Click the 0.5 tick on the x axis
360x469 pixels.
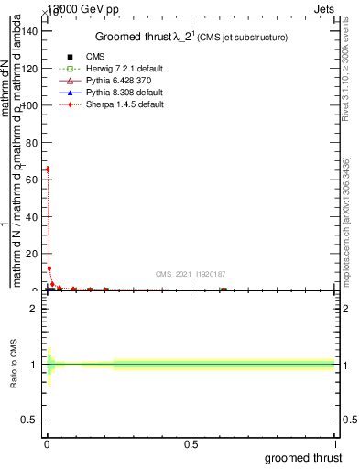pyautogui.click(x=191, y=444)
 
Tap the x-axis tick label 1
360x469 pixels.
pyautogui.click(x=335, y=444)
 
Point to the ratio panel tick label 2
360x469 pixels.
pyautogui.click(x=35, y=309)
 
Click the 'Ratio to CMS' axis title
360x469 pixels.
pyautogui.click(x=14, y=365)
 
